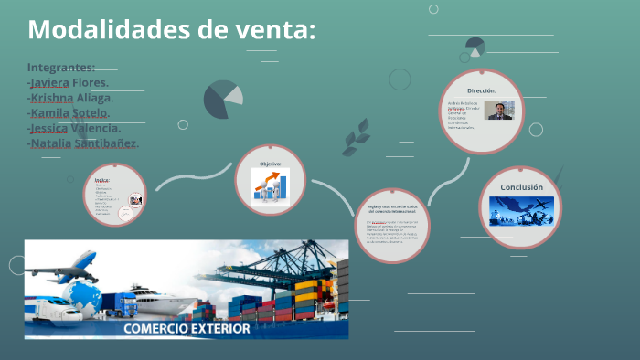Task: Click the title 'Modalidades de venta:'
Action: click(172, 29)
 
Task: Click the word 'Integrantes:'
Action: click(61, 68)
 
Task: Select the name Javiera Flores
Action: click(69, 83)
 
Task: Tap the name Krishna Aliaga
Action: click(71, 98)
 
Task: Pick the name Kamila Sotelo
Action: click(69, 113)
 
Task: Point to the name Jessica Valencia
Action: click(75, 128)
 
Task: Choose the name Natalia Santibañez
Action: click(83, 143)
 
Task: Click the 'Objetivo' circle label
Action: click(270, 164)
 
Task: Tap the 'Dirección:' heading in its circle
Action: click(481, 91)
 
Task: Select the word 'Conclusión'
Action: click(521, 187)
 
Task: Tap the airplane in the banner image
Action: click(69, 265)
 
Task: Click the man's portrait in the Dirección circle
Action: click(500, 111)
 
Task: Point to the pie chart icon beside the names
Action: click(223, 99)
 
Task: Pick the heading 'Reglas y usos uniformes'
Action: click(391, 209)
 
